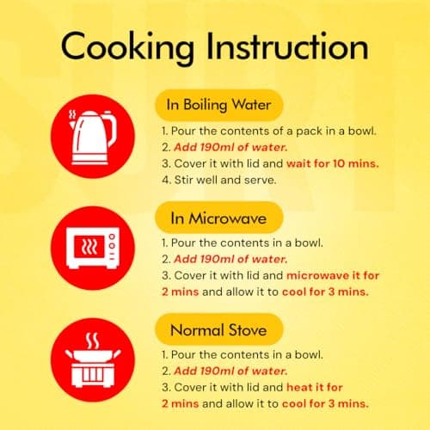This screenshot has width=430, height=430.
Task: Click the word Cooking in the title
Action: pos(127,48)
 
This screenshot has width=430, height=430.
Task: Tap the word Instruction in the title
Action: pos(287,46)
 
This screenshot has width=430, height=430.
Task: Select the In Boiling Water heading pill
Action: pos(219,105)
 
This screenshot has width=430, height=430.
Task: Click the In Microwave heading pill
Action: pos(219,218)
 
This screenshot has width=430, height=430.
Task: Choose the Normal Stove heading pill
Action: pos(219,329)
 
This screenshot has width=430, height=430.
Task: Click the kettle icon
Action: pos(93,138)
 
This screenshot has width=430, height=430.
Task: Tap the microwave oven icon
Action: pos(93,248)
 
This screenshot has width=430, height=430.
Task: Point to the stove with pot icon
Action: pos(93,359)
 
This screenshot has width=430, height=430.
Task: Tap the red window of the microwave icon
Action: pos(89,246)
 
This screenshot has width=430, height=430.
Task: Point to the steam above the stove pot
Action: pos(93,341)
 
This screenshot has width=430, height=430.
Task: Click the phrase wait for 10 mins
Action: pos(333,163)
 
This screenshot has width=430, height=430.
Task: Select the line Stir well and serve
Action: pos(219,180)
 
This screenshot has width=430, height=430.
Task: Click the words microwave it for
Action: pos(333,275)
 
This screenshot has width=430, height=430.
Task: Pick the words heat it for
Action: pos(315,387)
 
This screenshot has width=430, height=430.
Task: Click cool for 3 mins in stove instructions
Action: pos(325,403)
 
